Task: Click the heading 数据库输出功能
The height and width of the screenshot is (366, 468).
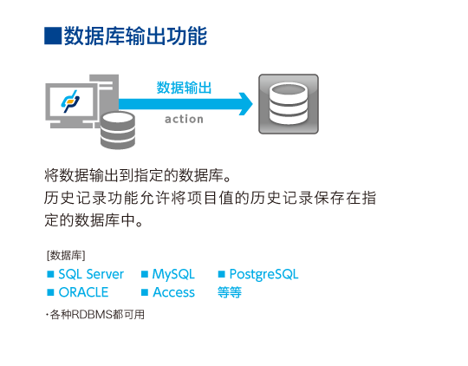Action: (x=135, y=36)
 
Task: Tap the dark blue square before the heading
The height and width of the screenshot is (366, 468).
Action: (x=53, y=36)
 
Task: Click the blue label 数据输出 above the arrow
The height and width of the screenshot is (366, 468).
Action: (x=184, y=88)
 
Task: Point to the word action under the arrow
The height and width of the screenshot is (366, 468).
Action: (x=184, y=119)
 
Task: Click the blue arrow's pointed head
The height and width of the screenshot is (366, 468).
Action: (x=252, y=104)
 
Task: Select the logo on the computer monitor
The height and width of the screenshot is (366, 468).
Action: (x=70, y=101)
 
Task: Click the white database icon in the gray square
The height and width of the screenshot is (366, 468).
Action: (x=288, y=103)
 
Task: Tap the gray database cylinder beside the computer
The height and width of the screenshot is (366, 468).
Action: (x=118, y=130)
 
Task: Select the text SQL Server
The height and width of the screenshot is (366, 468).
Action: (x=91, y=274)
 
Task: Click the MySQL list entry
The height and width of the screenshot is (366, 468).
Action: (x=173, y=274)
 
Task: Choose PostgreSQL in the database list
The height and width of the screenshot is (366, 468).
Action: (x=263, y=274)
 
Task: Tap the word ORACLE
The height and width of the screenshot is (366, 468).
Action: (x=83, y=292)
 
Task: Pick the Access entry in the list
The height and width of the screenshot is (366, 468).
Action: (x=173, y=292)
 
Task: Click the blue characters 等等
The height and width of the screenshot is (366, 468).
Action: (x=229, y=292)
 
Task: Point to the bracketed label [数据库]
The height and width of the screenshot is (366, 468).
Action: (x=66, y=256)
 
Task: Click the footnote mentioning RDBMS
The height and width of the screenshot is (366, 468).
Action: (x=95, y=314)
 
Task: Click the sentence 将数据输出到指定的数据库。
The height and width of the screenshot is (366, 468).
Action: (x=137, y=175)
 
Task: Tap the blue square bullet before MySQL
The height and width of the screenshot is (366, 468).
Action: (x=145, y=274)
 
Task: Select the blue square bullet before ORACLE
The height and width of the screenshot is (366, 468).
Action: (x=50, y=292)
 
